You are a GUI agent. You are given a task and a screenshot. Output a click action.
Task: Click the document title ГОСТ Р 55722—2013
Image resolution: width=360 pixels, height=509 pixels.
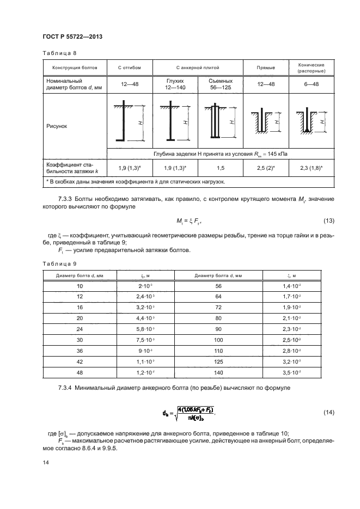(72, 37)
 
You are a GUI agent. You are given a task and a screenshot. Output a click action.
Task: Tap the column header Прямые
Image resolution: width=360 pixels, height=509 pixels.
(265, 68)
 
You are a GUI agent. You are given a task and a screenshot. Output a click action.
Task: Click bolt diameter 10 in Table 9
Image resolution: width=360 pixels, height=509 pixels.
(81, 285)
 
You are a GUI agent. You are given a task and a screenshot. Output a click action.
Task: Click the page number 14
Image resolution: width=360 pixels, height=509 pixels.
(45, 463)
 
